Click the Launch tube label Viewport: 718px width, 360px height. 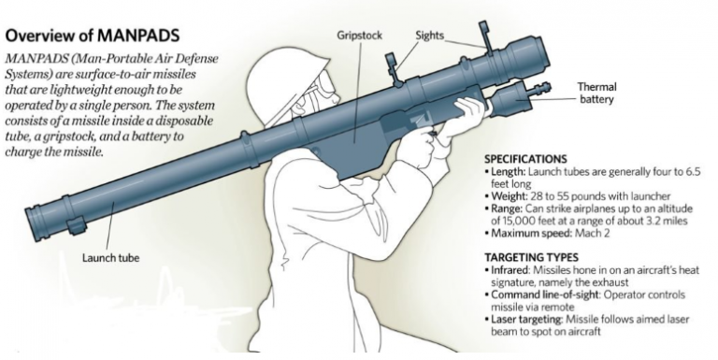pyautogui.click(x=108, y=258)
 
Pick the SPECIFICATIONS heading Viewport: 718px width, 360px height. pyautogui.click(x=526, y=159)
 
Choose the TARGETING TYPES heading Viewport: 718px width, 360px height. pyautogui.click(x=530, y=256)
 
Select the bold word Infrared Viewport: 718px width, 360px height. pyautogui.click(x=510, y=269)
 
